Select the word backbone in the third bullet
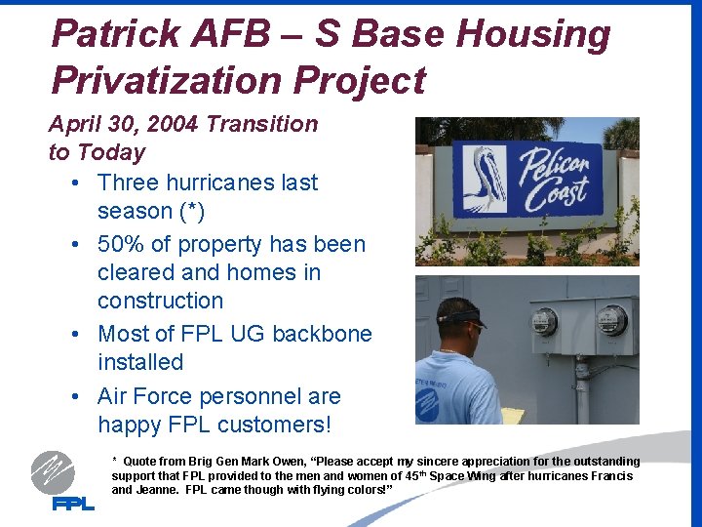click(x=322, y=334)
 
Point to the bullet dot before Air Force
click(x=76, y=397)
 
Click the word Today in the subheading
click(x=110, y=152)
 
